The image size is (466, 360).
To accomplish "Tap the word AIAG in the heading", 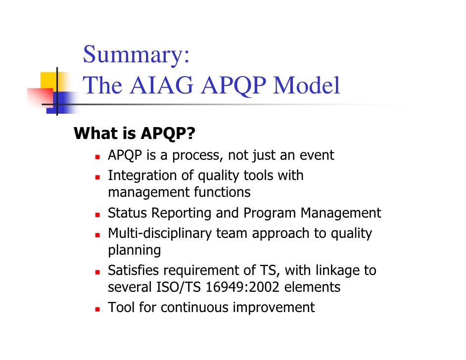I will click(161, 86).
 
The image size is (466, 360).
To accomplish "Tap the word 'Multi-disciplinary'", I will click(160, 233).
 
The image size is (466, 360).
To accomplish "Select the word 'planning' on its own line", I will click(134, 250).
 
